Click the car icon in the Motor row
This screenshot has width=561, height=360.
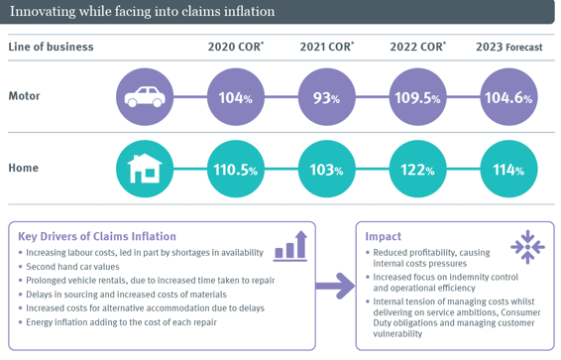145,97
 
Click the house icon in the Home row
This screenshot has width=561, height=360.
145,170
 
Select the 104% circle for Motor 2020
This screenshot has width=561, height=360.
236,97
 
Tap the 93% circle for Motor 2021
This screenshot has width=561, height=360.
326,97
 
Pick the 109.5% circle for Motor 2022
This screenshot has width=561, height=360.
417,97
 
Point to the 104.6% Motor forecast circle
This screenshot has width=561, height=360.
508,97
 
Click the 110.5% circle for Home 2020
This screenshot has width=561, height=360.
236,170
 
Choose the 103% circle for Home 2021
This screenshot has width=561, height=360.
326,170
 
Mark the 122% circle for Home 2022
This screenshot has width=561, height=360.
417,170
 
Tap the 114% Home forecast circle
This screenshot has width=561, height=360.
508,170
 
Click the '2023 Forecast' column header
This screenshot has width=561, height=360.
508,47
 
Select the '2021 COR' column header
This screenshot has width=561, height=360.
326,47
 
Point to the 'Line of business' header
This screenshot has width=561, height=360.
51,47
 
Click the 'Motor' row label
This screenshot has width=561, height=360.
25,97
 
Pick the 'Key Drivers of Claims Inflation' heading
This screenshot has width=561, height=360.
97,236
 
